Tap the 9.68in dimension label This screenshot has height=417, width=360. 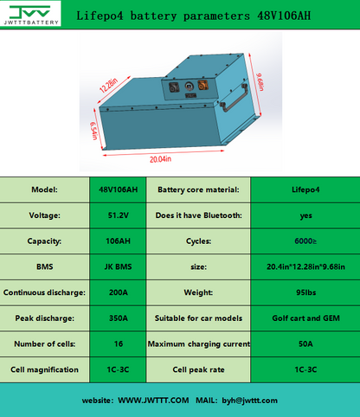point(260,84)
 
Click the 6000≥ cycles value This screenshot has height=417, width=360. point(304,241)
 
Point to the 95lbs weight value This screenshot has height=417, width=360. point(304,292)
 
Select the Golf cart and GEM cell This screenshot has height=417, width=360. point(304,318)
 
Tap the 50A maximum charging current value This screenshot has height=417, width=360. point(304,343)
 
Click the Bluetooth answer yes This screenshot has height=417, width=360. point(304,215)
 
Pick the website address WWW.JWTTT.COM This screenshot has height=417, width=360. point(153,401)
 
